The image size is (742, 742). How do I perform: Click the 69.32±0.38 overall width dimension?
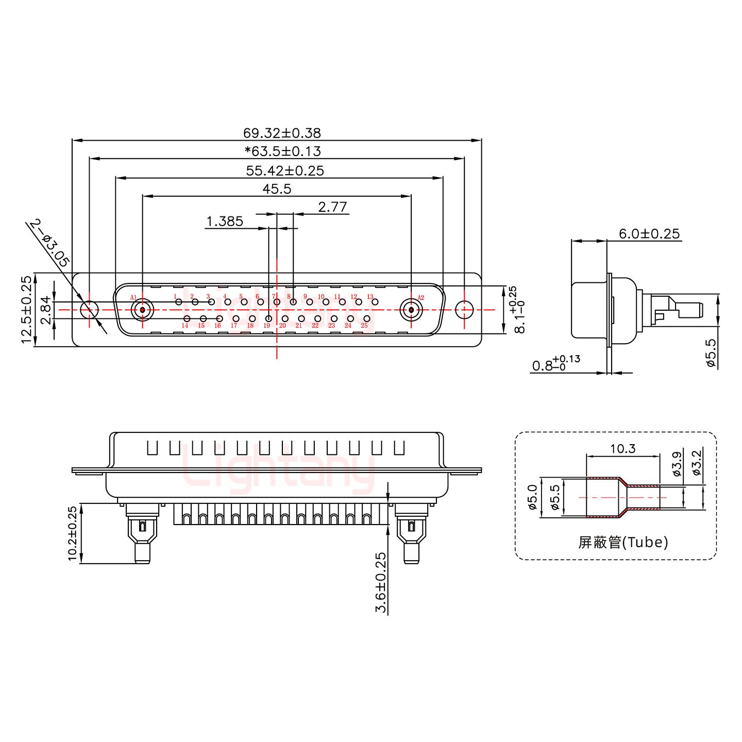pos(282,133)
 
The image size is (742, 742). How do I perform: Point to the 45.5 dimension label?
pos(277,189)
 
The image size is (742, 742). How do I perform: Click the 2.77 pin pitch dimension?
pos(332,207)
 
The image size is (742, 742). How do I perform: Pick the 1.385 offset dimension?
pos(224,222)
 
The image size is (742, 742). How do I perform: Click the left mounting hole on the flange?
pos(90,310)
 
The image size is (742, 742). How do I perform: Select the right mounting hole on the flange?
pos(464,310)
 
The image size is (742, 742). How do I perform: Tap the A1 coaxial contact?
pos(142,310)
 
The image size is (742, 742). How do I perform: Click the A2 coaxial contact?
pos(411,310)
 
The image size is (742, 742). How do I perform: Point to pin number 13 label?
pos(370,297)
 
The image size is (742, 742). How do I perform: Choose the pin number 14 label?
pos(184,326)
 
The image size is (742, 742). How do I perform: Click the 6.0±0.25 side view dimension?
pos(649,233)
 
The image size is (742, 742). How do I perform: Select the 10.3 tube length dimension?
pos(622,449)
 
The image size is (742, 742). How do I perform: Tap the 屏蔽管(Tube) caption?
pos(623,542)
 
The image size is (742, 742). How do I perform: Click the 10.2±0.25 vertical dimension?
pos(72,533)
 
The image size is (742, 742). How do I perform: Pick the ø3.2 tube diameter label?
pos(696,463)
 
